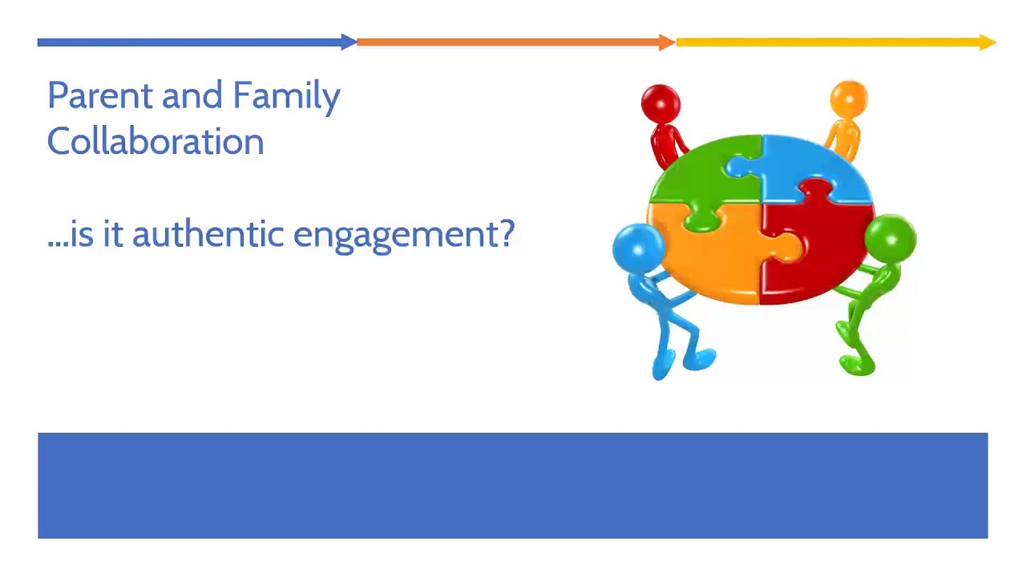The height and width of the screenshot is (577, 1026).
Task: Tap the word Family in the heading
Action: (286, 96)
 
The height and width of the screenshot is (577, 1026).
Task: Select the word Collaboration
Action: (156, 141)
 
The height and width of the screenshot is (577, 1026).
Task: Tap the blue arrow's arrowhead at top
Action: (349, 42)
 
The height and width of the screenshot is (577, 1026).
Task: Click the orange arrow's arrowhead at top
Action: (667, 42)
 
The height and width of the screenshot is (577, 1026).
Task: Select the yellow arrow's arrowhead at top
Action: (988, 42)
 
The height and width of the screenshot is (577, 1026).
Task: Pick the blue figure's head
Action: (637, 247)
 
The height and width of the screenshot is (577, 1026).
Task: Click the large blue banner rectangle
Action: (513, 486)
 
